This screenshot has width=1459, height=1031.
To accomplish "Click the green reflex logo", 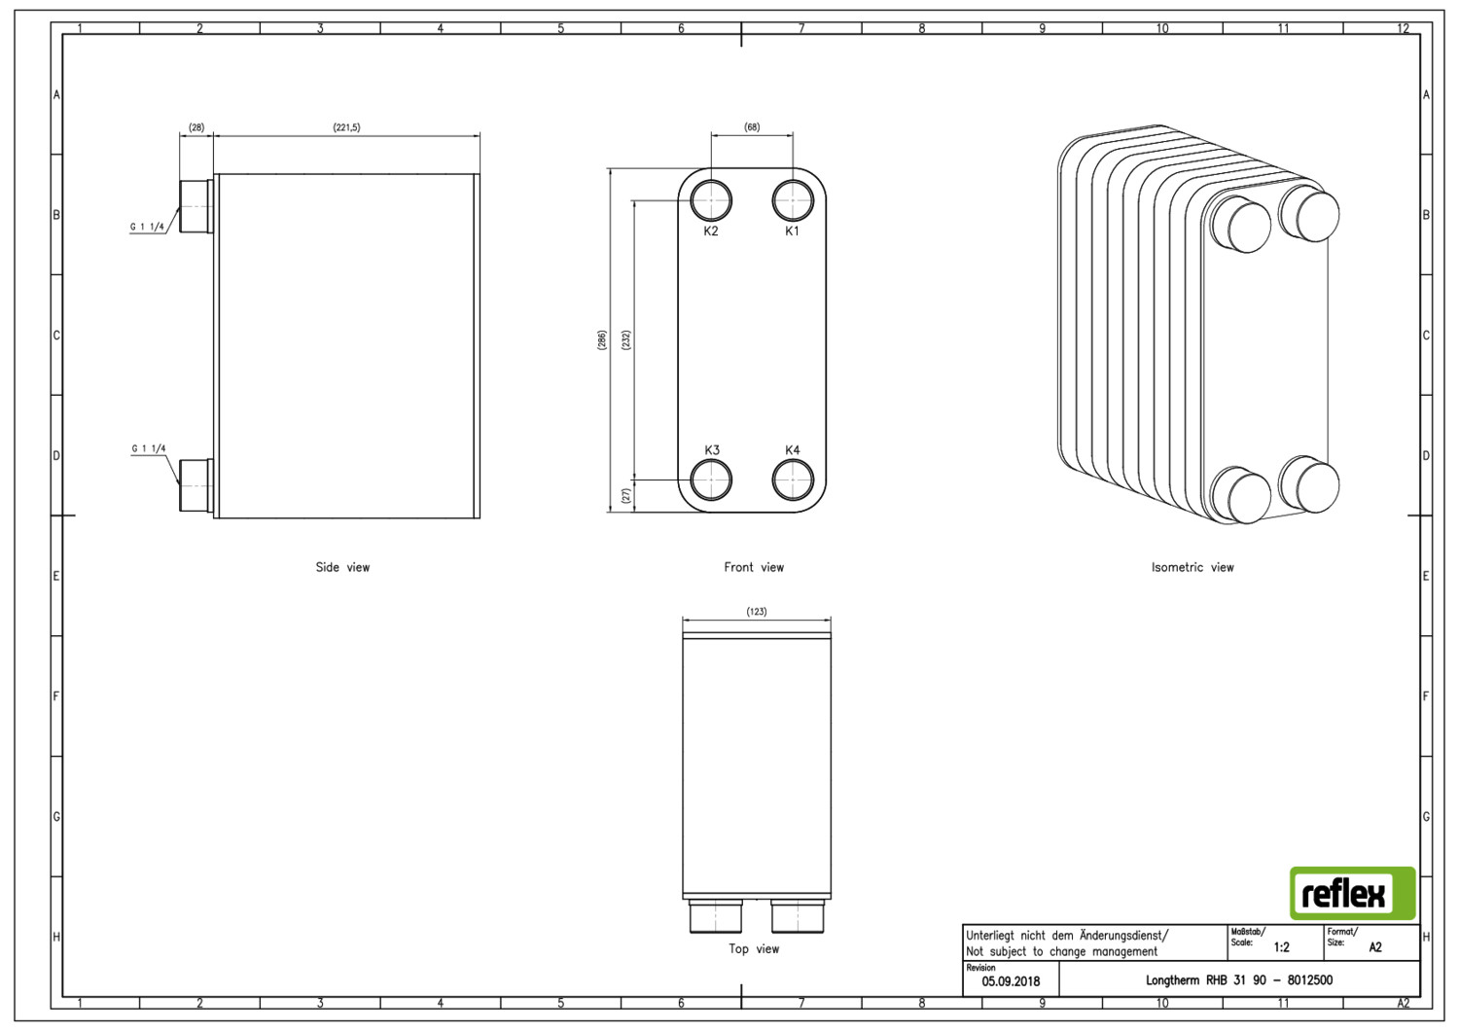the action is point(1352,893).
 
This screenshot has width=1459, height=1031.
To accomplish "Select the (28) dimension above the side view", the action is point(196,127).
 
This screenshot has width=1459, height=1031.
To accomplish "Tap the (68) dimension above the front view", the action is point(752,127).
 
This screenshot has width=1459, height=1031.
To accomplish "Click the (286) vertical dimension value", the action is point(602,340).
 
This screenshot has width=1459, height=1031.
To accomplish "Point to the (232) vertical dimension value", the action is point(626,340).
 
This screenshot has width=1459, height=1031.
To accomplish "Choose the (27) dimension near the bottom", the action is point(626,496).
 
